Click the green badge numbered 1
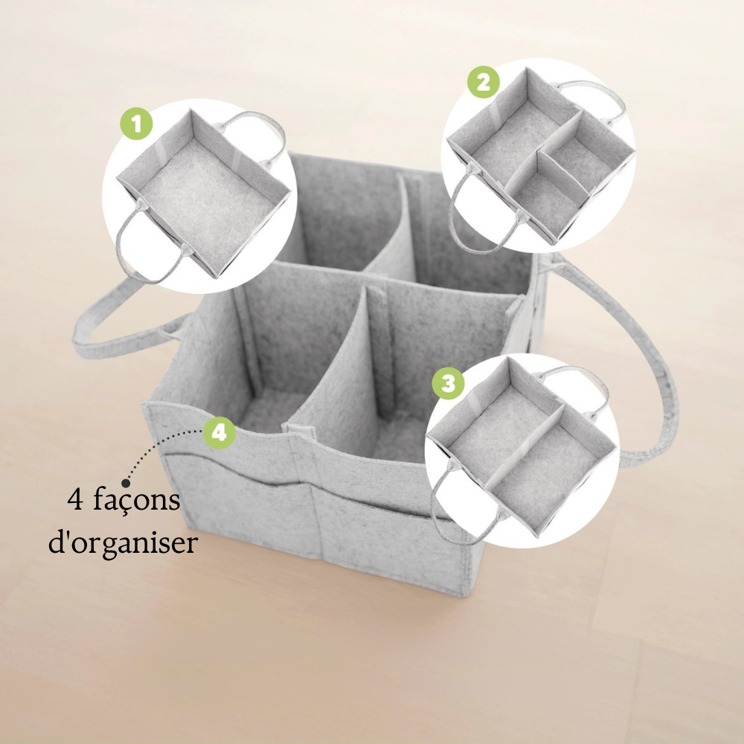click(x=137, y=124)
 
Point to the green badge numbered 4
click(x=219, y=433)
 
